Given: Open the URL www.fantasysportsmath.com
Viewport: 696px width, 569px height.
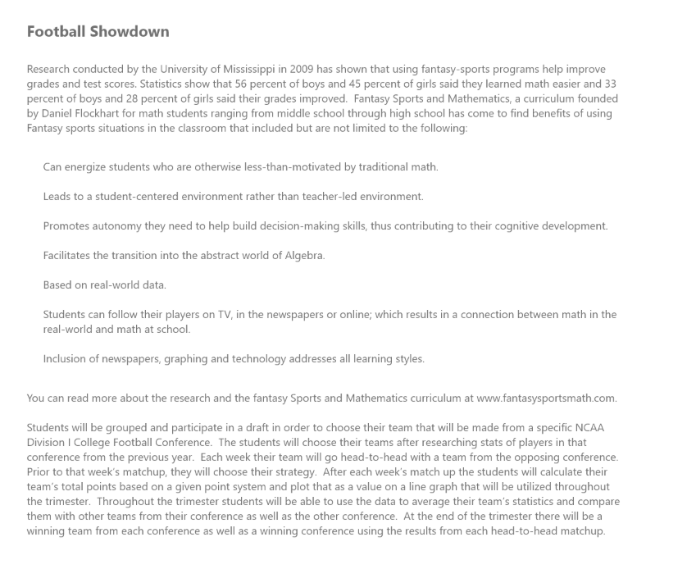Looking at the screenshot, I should coord(545,398).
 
